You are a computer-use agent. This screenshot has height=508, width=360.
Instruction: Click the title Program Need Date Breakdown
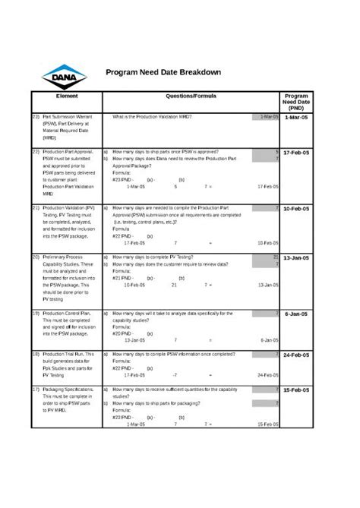[163, 72]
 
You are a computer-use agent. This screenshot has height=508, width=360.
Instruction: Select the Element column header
[67, 97]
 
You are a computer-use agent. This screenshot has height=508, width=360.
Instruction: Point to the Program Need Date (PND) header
[296, 102]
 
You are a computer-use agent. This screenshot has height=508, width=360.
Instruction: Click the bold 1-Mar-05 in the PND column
[296, 118]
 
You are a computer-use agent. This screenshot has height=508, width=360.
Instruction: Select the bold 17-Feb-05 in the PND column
[296, 153]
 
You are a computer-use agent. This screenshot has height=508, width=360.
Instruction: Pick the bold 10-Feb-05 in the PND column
[296, 208]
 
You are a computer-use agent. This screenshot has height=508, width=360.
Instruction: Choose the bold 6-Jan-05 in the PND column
[296, 314]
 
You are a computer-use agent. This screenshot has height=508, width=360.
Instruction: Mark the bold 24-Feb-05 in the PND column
[296, 355]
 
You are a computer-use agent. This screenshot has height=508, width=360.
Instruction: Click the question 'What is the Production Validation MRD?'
[152, 117]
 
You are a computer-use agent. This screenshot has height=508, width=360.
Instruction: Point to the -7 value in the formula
[175, 375]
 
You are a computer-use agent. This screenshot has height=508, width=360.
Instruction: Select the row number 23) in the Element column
[36, 117]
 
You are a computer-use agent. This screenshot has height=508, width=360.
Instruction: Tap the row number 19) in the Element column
[36, 313]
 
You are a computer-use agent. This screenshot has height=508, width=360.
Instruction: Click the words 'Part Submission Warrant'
[68, 117]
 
